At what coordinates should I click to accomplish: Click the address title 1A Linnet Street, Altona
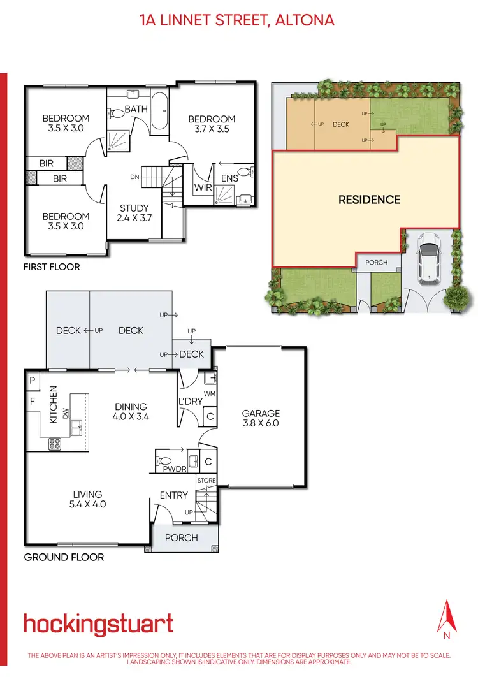pos(237,20)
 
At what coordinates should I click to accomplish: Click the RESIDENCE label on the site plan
pos(369,200)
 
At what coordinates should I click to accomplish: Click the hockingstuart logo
pos(98,623)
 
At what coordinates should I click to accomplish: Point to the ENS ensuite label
pos(229,178)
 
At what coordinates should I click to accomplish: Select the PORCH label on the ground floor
pos(182,537)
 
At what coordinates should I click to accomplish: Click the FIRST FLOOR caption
pos(52,266)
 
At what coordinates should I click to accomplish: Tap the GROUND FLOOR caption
pos(64,557)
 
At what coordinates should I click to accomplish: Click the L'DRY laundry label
pos(191,402)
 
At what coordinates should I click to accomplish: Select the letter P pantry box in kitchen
pos(32,381)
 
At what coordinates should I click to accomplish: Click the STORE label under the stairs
pos(206,480)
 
